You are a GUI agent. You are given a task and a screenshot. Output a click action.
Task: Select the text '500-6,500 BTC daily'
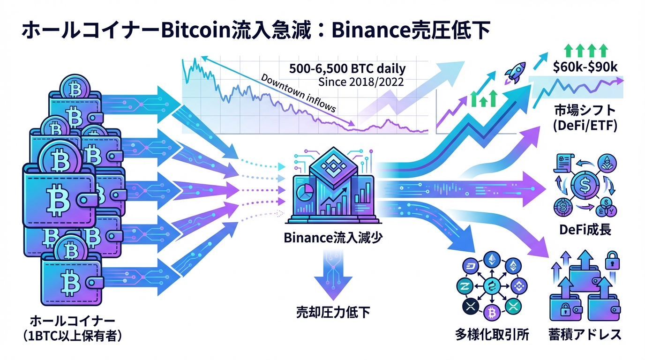point(347,69)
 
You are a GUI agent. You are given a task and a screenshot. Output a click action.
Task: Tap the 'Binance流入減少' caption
point(333,238)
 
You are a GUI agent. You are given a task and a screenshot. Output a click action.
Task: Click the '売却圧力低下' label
point(333,312)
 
